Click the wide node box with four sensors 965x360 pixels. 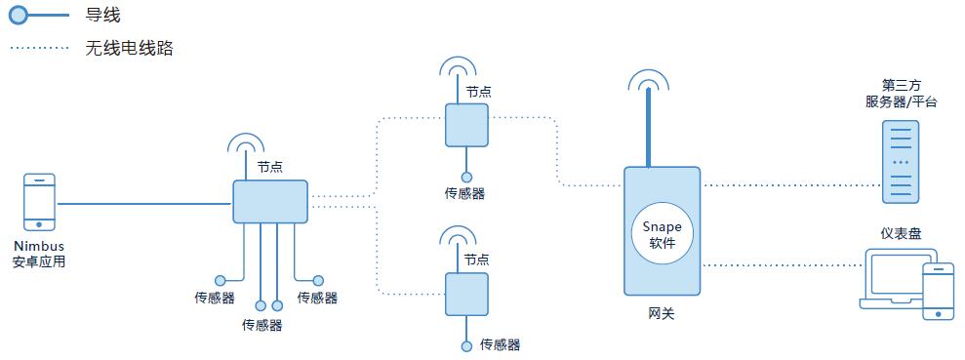click(270, 202)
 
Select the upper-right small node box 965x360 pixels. click(467, 124)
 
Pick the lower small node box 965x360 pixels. click(466, 293)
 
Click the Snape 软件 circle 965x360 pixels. click(663, 232)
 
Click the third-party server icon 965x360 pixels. click(901, 162)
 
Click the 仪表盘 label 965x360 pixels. click(901, 233)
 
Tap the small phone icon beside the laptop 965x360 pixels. click(939, 290)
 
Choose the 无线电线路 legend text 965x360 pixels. click(130, 47)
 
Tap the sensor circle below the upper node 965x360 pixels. click(466, 177)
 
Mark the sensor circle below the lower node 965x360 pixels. click(466, 345)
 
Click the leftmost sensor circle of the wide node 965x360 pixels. click(221, 280)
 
